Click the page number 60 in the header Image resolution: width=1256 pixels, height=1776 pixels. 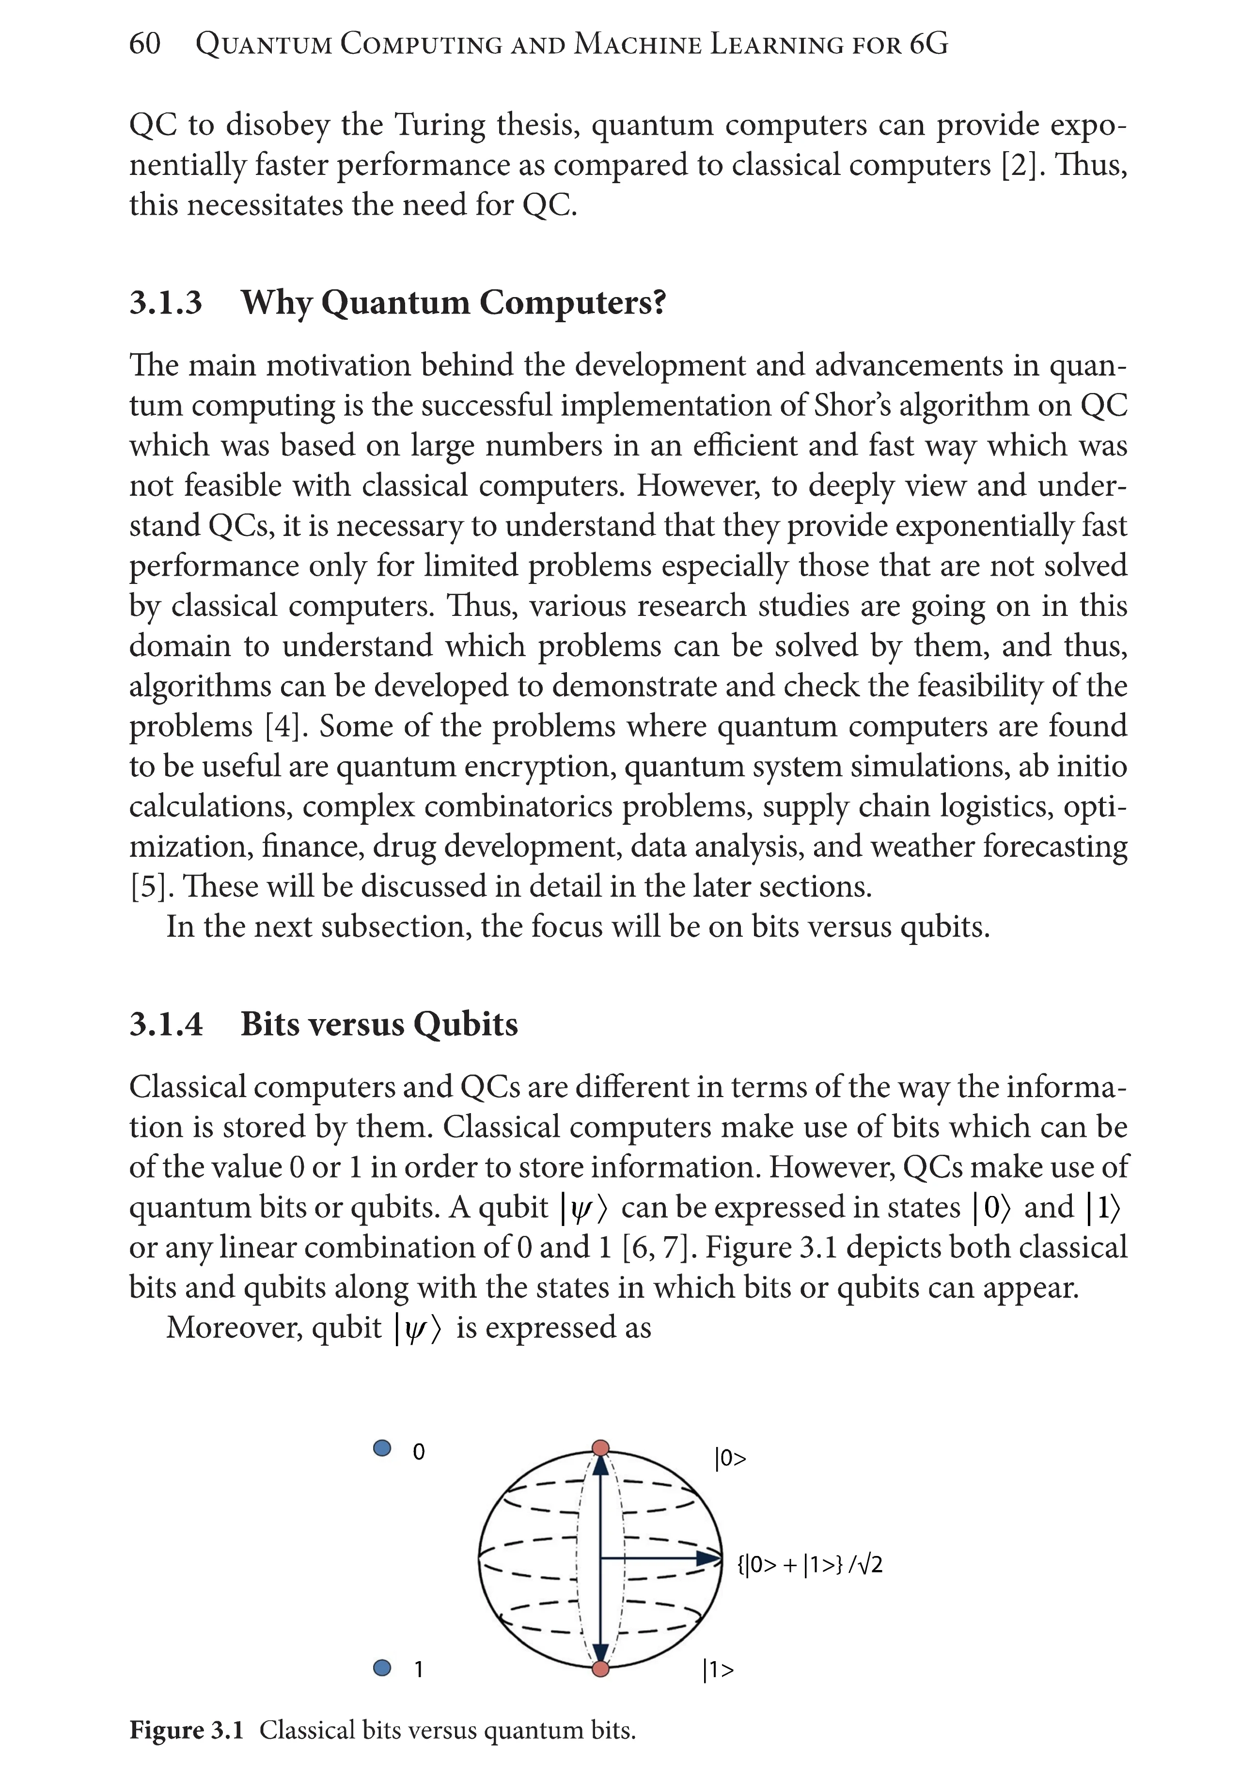click(144, 44)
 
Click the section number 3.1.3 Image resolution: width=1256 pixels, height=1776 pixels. click(166, 302)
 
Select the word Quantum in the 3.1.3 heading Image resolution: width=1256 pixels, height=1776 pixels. click(394, 302)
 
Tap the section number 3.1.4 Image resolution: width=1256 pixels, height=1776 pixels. click(166, 1024)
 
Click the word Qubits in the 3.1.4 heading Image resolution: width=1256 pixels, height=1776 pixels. click(466, 1024)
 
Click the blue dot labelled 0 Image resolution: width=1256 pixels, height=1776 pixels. click(381, 1448)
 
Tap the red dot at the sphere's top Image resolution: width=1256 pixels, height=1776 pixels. click(600, 1448)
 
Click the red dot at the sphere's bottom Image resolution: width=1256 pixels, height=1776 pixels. click(600, 1669)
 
